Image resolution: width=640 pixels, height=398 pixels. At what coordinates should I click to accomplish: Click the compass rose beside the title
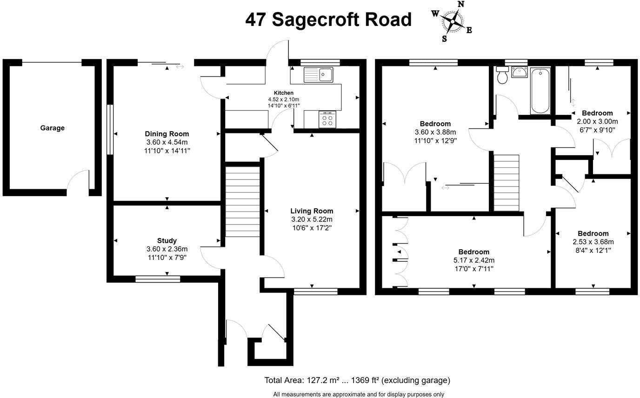[x=452, y=21]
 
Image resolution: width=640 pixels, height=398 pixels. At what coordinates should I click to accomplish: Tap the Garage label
[x=52, y=128]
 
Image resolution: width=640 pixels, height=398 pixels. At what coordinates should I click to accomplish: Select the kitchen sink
[x=319, y=74]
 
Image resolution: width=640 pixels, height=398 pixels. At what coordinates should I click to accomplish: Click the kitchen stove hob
[x=327, y=119]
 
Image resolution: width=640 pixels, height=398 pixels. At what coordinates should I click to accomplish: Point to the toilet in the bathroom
[x=502, y=75]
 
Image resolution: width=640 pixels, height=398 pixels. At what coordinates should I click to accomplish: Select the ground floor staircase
[x=242, y=201]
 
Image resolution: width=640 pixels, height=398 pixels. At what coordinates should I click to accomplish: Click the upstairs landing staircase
[x=506, y=182]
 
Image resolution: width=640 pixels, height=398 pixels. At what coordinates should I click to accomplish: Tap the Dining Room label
[x=167, y=133]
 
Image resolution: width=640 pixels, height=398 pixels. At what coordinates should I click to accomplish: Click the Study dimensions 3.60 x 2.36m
[x=167, y=249]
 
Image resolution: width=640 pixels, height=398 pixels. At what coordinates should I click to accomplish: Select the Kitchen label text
[x=283, y=93]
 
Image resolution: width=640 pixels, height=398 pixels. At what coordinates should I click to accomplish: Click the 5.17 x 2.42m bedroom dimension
[x=474, y=260]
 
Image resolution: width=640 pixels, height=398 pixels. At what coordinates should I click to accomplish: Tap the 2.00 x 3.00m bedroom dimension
[x=597, y=122]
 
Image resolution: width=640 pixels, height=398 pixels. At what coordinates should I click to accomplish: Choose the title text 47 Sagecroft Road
[x=328, y=20]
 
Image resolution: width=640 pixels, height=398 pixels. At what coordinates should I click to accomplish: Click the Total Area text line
[x=357, y=380]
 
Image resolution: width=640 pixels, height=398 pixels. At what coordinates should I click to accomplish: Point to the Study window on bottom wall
[x=158, y=279]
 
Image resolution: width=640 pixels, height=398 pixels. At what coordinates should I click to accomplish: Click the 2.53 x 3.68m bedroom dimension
[x=593, y=242]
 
